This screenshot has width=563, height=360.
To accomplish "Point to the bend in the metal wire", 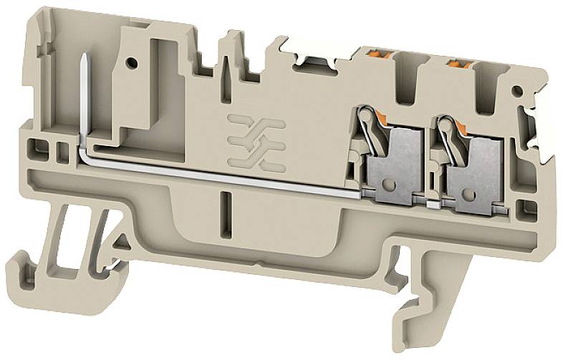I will pos(85,149).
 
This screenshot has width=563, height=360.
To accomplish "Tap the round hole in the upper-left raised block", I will pos(133,63).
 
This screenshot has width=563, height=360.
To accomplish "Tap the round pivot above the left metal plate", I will pos(364,115).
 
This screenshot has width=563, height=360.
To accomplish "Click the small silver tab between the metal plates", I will pos(430,204).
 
